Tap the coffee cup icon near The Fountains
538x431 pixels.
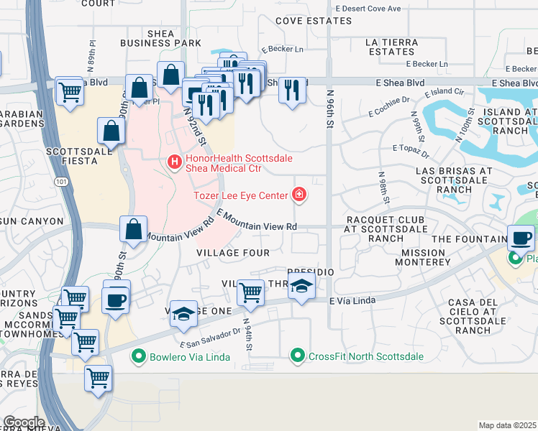point(521,237)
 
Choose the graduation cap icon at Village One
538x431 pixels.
point(183,312)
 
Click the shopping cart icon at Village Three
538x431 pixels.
point(250,292)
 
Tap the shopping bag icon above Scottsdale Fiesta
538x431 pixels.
point(111,131)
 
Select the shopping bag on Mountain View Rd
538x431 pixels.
point(134,229)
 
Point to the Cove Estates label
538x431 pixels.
point(312,22)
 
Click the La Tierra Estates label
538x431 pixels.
point(391,47)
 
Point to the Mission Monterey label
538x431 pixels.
point(424,257)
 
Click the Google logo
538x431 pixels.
point(24,422)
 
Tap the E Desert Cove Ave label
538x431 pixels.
point(368,9)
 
